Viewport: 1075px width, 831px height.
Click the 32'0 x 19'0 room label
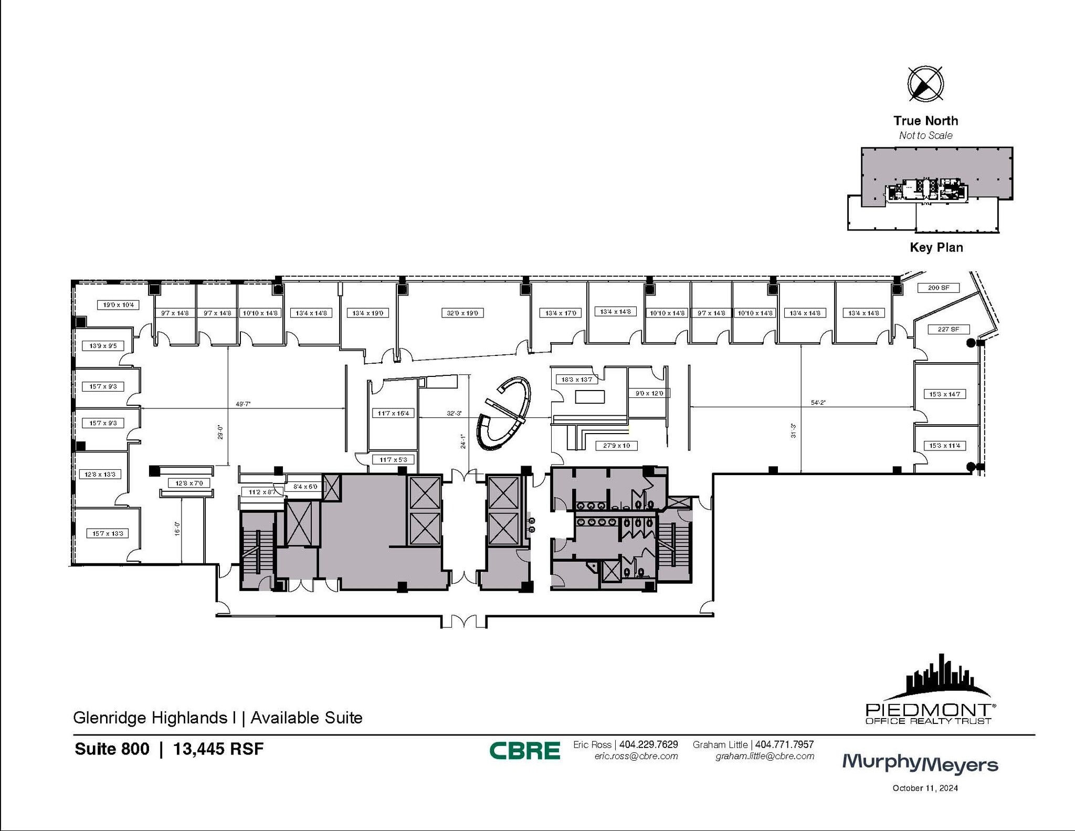(x=462, y=313)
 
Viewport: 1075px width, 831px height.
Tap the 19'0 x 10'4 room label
(x=118, y=304)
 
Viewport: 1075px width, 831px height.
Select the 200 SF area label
(x=939, y=288)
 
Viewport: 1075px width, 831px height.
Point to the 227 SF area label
(x=948, y=329)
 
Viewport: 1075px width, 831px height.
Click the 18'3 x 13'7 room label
(x=576, y=380)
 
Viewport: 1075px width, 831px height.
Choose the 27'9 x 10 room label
(x=616, y=446)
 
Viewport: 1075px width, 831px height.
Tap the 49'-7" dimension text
(x=243, y=404)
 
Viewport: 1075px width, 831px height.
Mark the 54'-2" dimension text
(x=818, y=403)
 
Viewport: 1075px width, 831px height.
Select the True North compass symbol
(x=925, y=84)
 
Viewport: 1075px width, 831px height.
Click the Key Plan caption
(x=936, y=247)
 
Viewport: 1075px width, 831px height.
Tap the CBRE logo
(x=524, y=751)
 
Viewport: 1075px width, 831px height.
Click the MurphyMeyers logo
(x=920, y=763)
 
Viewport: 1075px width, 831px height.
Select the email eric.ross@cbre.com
(x=636, y=756)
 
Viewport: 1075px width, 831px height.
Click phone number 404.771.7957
(x=784, y=744)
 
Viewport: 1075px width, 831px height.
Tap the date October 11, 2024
(x=925, y=788)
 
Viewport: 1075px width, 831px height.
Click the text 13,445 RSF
(x=218, y=749)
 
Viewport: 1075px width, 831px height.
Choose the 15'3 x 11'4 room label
(x=945, y=446)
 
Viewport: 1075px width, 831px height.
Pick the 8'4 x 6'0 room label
(x=305, y=487)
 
